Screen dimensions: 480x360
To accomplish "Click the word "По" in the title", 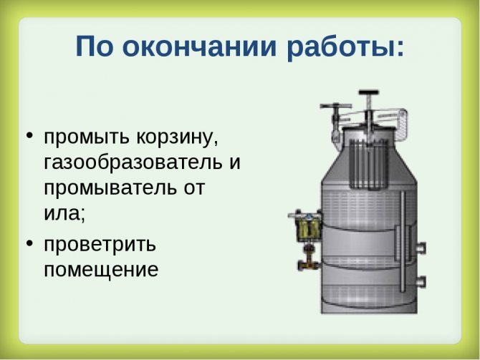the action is tap(93, 46).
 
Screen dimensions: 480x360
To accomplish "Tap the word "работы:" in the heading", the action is tap(345, 48).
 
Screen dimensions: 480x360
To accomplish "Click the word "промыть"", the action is tap(87, 137).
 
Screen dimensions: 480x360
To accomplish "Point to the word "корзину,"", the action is tap(177, 137).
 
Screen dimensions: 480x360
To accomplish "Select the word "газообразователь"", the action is tap(133, 162).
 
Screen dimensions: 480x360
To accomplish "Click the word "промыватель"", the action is tap(110, 188).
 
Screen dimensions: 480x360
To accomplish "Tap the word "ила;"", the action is tap(64, 213).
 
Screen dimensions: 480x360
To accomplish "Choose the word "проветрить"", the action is tap(100, 245).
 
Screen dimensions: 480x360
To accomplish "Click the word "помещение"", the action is tap(101, 270).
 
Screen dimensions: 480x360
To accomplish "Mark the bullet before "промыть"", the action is tap(29, 135).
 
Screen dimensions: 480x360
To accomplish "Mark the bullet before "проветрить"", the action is tap(29, 243).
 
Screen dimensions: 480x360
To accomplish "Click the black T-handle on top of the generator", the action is tap(369, 92).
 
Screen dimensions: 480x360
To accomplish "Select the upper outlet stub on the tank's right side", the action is tap(421, 248).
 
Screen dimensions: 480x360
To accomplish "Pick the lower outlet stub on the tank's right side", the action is tap(421, 281).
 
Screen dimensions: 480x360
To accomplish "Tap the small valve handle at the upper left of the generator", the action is tap(336, 106).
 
